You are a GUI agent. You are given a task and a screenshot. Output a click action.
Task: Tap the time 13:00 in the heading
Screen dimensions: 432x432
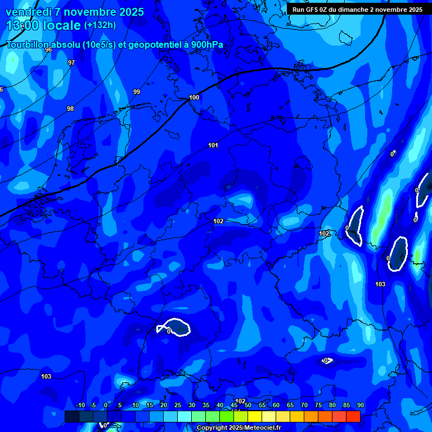pyautogui.click(x=22, y=25)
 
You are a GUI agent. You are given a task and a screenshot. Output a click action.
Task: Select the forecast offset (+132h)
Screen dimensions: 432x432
pyautogui.click(x=100, y=25)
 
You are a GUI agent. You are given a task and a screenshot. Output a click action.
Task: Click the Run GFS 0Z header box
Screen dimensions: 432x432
pyautogui.click(x=357, y=10)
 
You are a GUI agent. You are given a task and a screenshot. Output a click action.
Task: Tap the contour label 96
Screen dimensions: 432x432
pyautogui.click(x=48, y=50)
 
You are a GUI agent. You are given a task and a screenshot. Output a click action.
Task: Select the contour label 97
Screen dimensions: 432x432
pyautogui.click(x=71, y=62)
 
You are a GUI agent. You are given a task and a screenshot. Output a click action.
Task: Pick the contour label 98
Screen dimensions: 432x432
pyautogui.click(x=70, y=109)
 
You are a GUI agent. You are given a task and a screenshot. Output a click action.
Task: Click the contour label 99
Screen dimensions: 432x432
pyautogui.click(x=137, y=92)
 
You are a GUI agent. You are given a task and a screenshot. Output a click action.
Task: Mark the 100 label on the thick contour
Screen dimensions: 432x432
pyautogui.click(x=194, y=97)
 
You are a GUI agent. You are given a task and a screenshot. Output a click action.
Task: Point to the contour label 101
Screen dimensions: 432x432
pyautogui.click(x=213, y=145)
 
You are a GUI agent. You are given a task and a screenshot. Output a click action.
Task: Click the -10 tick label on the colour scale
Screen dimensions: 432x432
pyautogui.click(x=80, y=405)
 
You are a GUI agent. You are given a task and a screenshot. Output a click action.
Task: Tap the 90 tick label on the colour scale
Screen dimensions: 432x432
pyautogui.click(x=360, y=405)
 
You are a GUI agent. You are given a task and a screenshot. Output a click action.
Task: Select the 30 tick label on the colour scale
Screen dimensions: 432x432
pyautogui.click(x=191, y=405)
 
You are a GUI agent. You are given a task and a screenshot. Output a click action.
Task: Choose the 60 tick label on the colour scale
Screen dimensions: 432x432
pyautogui.click(x=276, y=405)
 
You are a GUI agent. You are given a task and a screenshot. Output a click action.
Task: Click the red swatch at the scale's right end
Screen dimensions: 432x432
pyautogui.click(x=353, y=416)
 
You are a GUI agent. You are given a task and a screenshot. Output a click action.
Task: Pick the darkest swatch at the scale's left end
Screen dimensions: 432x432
pyautogui.click(x=71, y=416)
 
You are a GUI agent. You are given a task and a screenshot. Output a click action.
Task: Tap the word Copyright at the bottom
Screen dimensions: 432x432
pyautogui.click(x=212, y=428)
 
